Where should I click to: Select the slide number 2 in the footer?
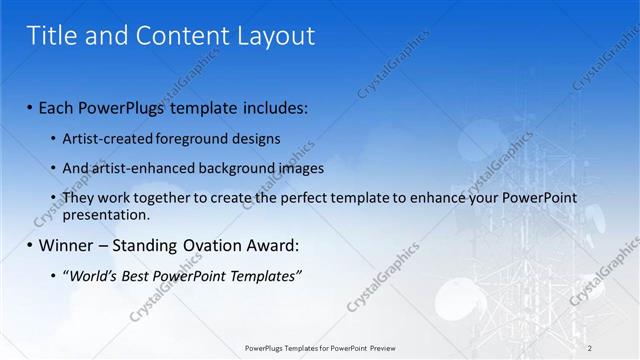pos(590,348)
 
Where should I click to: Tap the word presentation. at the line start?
pos(106,214)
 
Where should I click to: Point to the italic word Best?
pos(144,275)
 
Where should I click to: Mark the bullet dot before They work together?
pos(53,198)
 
